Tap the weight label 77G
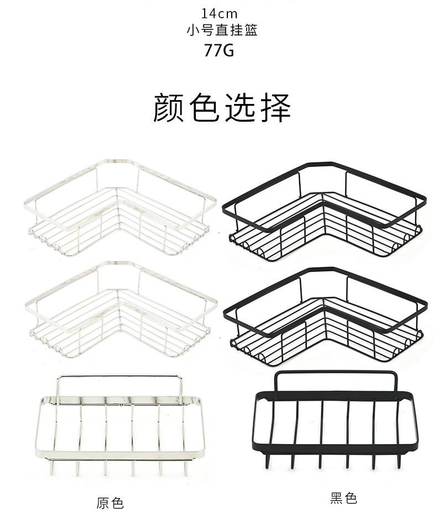(x=219, y=50)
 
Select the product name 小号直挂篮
(x=222, y=31)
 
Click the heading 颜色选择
(x=222, y=107)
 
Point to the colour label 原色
(x=110, y=503)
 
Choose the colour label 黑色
(x=344, y=499)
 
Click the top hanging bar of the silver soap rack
(x=119, y=377)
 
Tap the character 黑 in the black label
(x=337, y=499)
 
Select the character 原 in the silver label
(x=103, y=503)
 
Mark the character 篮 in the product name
(x=251, y=31)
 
